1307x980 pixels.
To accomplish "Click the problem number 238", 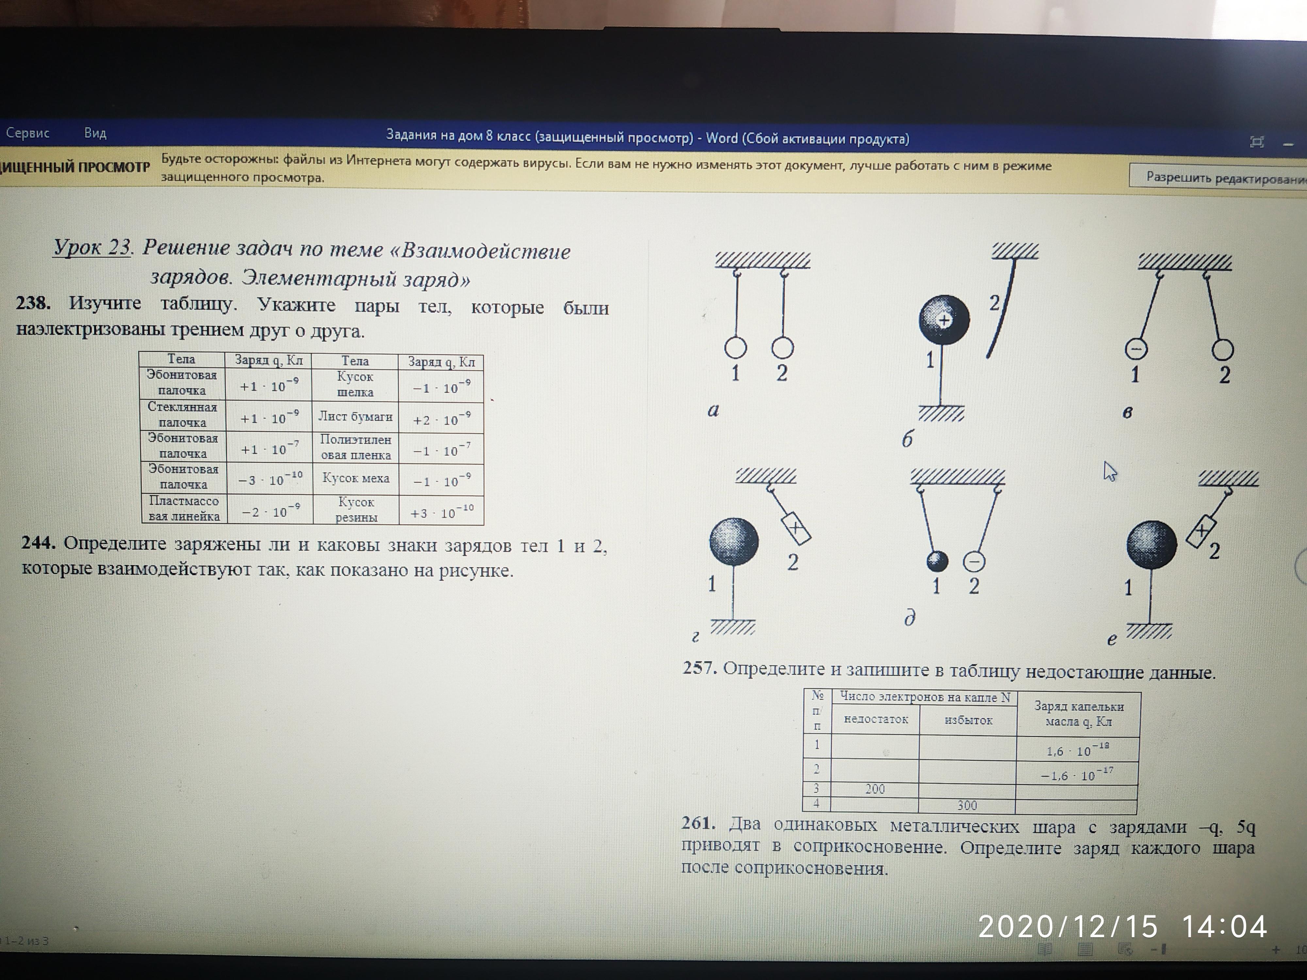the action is coord(33,303).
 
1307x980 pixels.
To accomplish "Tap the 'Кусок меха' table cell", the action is coord(356,479).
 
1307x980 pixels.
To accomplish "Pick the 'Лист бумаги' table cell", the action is coord(355,416).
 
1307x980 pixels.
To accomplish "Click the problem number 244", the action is coord(39,542).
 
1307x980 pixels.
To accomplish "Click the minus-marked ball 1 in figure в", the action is coord(1136,349).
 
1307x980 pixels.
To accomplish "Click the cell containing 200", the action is coord(875,789).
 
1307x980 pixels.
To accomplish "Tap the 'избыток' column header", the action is coord(968,720).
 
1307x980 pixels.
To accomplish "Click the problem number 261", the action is coord(698,823).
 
